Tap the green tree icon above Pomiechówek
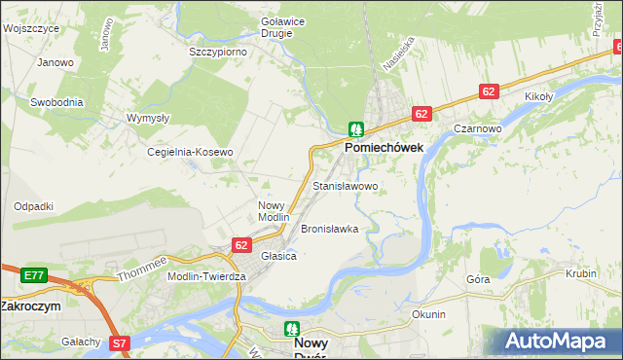[x=356, y=128]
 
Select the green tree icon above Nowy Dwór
[x=291, y=330]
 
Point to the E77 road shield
[x=33, y=275]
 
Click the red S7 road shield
[x=119, y=342]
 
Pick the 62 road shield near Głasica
[x=241, y=245]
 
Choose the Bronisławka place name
[x=330, y=229]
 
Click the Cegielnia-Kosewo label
[x=190, y=153]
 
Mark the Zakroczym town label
[x=30, y=305]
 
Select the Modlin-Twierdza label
[x=206, y=276]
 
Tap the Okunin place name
[x=428, y=314]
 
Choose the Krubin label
[x=580, y=273]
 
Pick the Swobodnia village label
[x=56, y=101]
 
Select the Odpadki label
[x=33, y=206]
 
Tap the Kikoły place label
[x=538, y=96]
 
